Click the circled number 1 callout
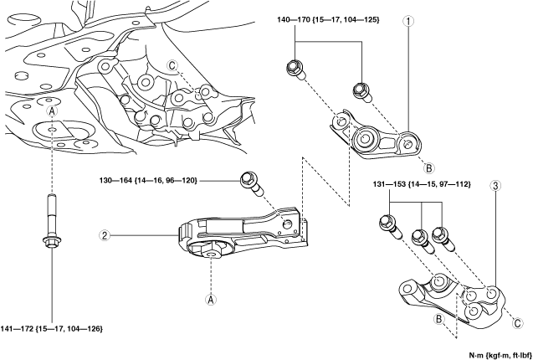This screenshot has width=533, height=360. coord(408,21)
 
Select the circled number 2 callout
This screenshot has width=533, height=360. coord(105,235)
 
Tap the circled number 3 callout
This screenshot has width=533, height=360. coord(495,186)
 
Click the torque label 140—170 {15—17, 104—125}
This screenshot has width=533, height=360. coord(328,20)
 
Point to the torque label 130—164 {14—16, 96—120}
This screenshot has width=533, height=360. coord(147,181)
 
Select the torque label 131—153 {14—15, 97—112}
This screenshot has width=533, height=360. coord(421,184)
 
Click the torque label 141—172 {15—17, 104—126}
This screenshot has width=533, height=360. coord(52,329)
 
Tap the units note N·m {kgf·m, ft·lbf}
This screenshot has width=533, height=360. coord(500,355)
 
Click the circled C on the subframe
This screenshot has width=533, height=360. coord(172,66)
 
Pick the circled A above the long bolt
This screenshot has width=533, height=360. coord(51,111)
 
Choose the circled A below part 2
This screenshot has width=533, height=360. coord(211,300)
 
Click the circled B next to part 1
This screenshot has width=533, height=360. coord(428,167)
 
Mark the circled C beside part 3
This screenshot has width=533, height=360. coord(517,324)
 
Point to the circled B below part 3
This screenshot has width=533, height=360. coord(438,319)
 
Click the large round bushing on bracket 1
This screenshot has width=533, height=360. coord(364,138)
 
